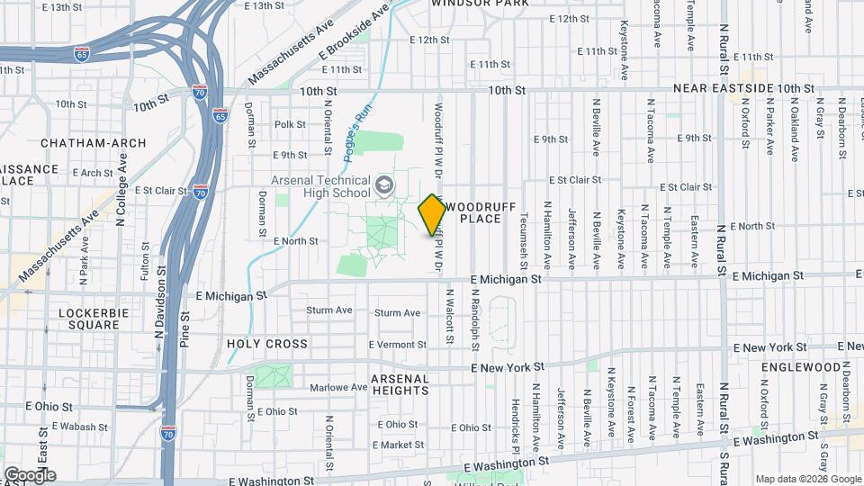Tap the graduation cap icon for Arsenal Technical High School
tap(384, 185)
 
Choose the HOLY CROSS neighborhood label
tap(267, 344)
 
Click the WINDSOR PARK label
tap(479, 4)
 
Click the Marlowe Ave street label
tap(338, 388)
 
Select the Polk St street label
tap(291, 124)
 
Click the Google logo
tap(30, 474)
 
